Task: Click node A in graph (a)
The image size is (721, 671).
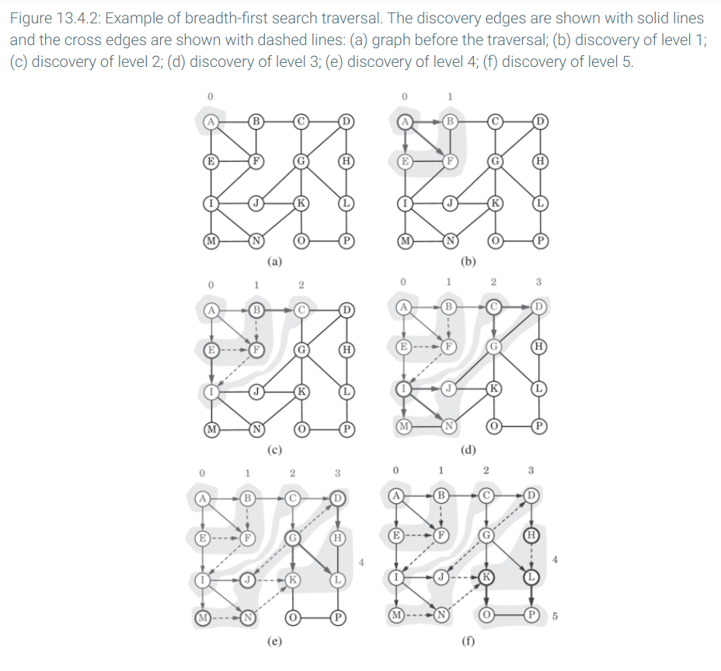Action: tap(211, 121)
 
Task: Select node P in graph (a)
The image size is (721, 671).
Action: tap(347, 241)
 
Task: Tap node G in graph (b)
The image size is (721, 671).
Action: tap(495, 161)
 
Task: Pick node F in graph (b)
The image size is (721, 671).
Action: tap(450, 161)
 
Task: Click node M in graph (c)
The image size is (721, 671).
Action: tap(211, 429)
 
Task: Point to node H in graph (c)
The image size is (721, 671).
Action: tap(347, 350)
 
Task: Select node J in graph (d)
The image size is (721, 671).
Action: tap(449, 389)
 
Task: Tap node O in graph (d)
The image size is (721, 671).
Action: tap(494, 426)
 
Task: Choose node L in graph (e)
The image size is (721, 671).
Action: tap(337, 580)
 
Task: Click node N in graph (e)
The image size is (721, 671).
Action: tap(247, 617)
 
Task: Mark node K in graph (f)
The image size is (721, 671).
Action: tap(486, 577)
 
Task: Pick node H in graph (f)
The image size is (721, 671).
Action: tap(531, 535)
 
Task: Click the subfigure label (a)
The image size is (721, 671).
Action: tap(274, 261)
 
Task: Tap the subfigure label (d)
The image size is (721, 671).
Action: tap(468, 449)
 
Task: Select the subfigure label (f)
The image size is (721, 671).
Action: tap(468, 641)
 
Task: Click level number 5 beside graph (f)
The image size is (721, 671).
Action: tap(555, 616)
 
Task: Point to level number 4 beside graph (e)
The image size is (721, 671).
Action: tap(361, 562)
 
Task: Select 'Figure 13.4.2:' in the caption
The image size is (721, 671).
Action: tap(55, 19)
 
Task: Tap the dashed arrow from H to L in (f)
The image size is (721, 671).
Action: tap(531, 555)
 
